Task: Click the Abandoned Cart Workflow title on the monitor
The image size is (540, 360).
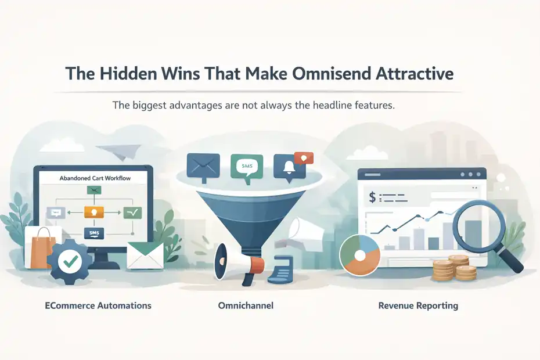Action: [x=95, y=179]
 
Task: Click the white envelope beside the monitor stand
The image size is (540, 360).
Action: [x=145, y=255]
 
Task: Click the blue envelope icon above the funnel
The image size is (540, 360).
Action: [x=203, y=164]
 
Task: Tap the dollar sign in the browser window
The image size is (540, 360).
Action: [x=372, y=197]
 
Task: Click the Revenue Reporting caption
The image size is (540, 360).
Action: [x=418, y=305]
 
